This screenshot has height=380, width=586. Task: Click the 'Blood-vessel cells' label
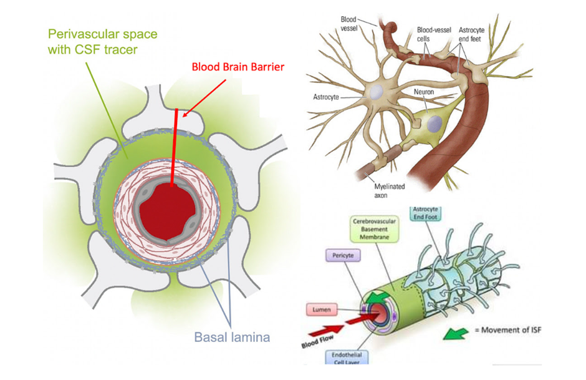(432, 34)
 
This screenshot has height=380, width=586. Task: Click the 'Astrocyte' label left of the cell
(327, 97)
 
